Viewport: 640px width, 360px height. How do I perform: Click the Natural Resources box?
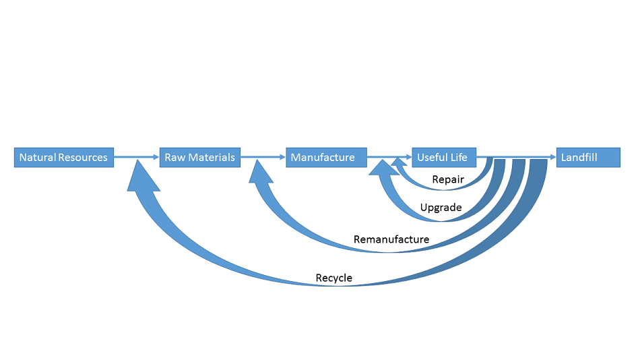tap(63, 157)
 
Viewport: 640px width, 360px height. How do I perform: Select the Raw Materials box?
tap(199, 157)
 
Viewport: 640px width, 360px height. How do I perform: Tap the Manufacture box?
tap(326, 157)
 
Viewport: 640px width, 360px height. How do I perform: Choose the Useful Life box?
tap(444, 157)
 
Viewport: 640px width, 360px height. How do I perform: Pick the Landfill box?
tap(587, 157)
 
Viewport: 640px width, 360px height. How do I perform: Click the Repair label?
tap(448, 179)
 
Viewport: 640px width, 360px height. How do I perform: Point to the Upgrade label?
tap(441, 208)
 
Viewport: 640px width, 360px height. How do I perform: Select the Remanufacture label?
tap(391, 239)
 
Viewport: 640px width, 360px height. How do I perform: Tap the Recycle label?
tap(333, 278)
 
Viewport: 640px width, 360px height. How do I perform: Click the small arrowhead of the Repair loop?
tap(399, 162)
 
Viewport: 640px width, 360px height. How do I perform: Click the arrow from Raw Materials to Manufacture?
tap(263, 157)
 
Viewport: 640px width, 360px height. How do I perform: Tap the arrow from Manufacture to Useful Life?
tap(389, 157)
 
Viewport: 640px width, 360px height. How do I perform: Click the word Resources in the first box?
tap(83, 157)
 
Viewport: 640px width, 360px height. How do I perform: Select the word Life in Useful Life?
tap(460, 157)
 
